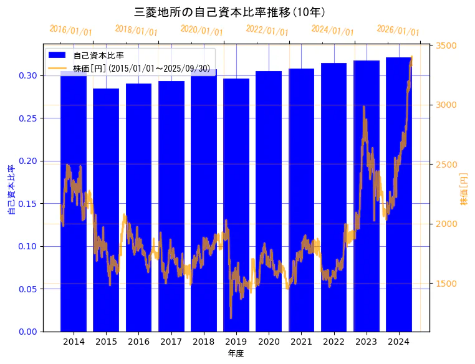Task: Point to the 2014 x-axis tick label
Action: pos(74,342)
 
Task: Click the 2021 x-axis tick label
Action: pos(301,342)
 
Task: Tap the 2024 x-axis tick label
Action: pos(398,342)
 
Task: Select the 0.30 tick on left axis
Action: pos(28,75)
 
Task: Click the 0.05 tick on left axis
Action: pos(28,289)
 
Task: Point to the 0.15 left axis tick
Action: pos(28,204)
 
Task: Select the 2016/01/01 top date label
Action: pos(70,31)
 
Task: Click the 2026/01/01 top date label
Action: pos(398,31)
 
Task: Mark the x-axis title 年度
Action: pos(236,353)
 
